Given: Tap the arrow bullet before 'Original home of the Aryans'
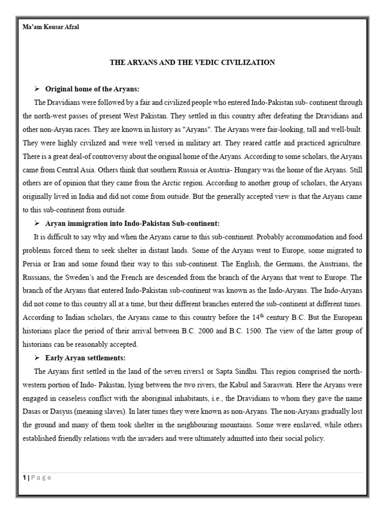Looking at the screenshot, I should [x=37, y=89].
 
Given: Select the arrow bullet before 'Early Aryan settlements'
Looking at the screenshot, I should [x=37, y=358].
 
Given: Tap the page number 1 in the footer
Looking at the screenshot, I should [x=24, y=477].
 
